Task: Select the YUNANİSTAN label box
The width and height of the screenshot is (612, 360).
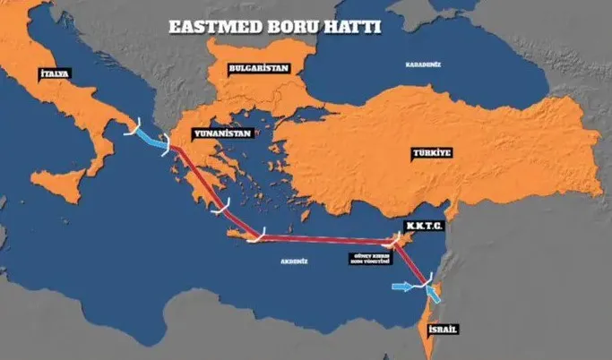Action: [221, 132]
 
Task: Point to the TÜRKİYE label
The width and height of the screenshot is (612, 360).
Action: [429, 152]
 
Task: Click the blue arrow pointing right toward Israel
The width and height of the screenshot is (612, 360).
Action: [404, 287]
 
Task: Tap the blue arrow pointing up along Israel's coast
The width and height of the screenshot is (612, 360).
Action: [434, 295]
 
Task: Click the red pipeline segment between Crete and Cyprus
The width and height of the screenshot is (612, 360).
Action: [323, 239]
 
